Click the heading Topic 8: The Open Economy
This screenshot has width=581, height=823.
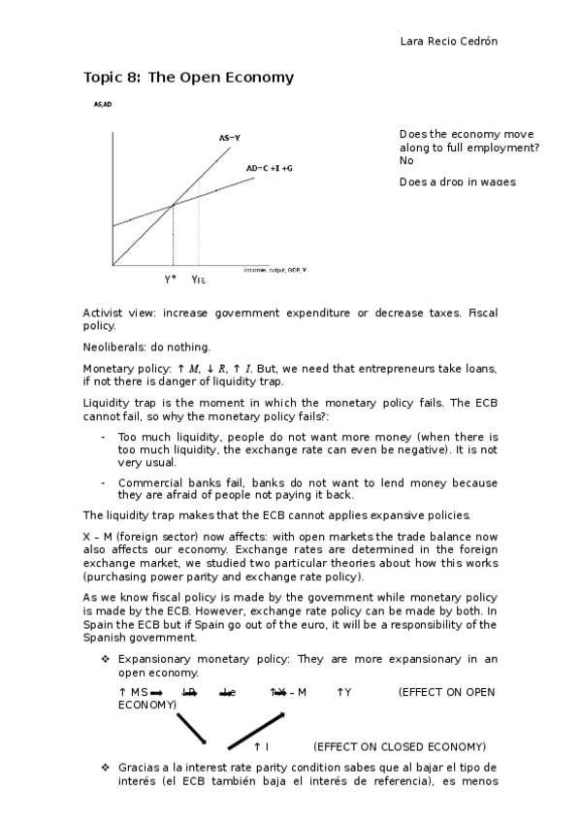(x=188, y=77)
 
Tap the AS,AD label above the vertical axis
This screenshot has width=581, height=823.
(x=103, y=104)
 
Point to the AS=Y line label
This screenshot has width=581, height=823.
(x=229, y=138)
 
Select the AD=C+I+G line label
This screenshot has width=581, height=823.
(x=269, y=168)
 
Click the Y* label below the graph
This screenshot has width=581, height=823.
(x=171, y=280)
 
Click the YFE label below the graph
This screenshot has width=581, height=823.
(x=199, y=280)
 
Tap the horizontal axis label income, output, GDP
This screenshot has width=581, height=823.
(x=274, y=269)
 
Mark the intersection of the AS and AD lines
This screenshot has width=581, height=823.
(x=173, y=205)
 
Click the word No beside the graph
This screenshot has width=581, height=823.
(x=406, y=161)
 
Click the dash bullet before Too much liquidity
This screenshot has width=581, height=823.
(x=104, y=438)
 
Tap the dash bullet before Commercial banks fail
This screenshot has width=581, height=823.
(x=104, y=482)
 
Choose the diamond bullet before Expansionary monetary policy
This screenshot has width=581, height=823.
(x=105, y=659)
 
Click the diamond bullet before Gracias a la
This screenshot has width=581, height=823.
(x=105, y=767)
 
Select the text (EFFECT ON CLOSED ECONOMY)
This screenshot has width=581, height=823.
(x=399, y=746)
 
